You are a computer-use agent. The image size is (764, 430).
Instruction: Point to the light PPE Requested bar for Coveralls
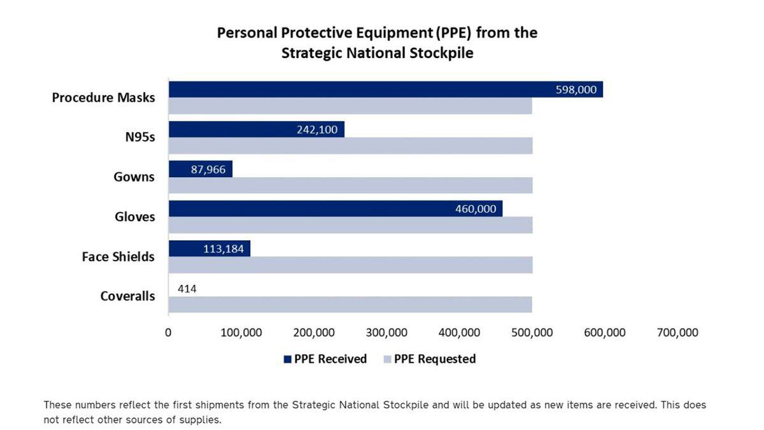pos(350,305)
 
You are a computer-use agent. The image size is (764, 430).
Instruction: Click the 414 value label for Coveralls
pos(187,289)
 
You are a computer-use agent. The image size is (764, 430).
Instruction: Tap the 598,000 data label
pos(576,90)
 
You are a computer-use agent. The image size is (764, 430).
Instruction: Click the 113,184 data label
pos(223,249)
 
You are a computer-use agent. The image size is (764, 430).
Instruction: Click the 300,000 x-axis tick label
pos(387,333)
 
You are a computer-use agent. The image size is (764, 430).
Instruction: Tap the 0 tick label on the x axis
pos(168,333)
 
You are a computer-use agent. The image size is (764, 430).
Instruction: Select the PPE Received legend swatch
pos(287,359)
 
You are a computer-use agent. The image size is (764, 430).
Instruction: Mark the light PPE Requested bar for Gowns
pos(350,185)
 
